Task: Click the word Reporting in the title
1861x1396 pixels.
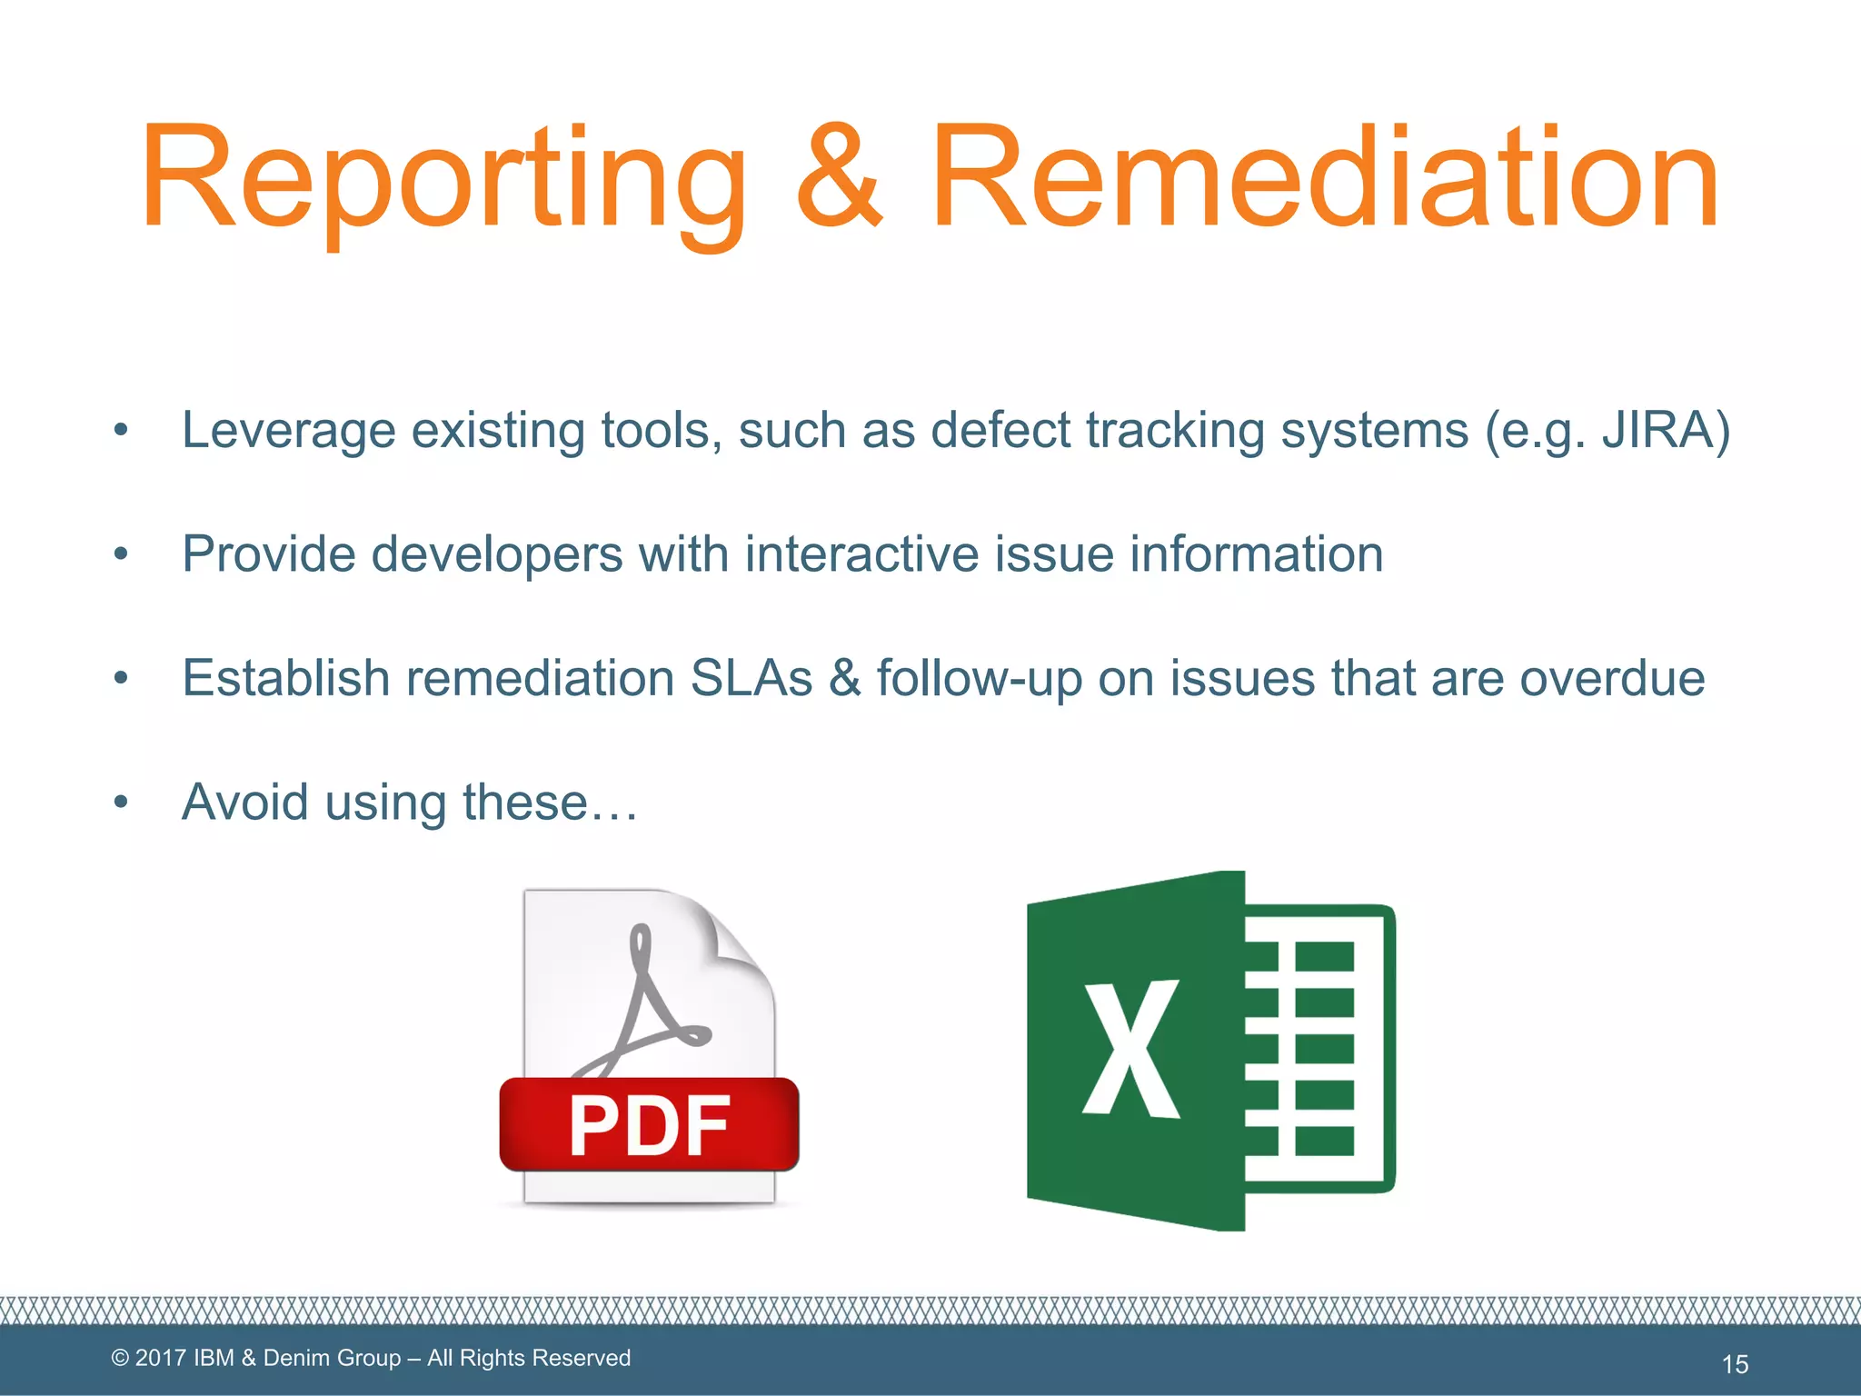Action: click(x=443, y=177)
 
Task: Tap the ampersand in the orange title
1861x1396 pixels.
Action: click(x=838, y=177)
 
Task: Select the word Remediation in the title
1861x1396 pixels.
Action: click(x=1324, y=177)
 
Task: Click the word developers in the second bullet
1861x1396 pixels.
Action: click(x=497, y=554)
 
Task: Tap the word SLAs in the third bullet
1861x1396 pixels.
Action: click(x=751, y=678)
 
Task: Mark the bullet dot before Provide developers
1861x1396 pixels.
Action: click(x=121, y=554)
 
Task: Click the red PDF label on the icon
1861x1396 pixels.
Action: click(x=649, y=1125)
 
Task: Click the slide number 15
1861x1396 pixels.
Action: click(x=1735, y=1363)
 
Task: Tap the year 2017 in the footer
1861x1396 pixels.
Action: click(x=161, y=1358)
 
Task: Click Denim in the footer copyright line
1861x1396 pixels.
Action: click(x=295, y=1358)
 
